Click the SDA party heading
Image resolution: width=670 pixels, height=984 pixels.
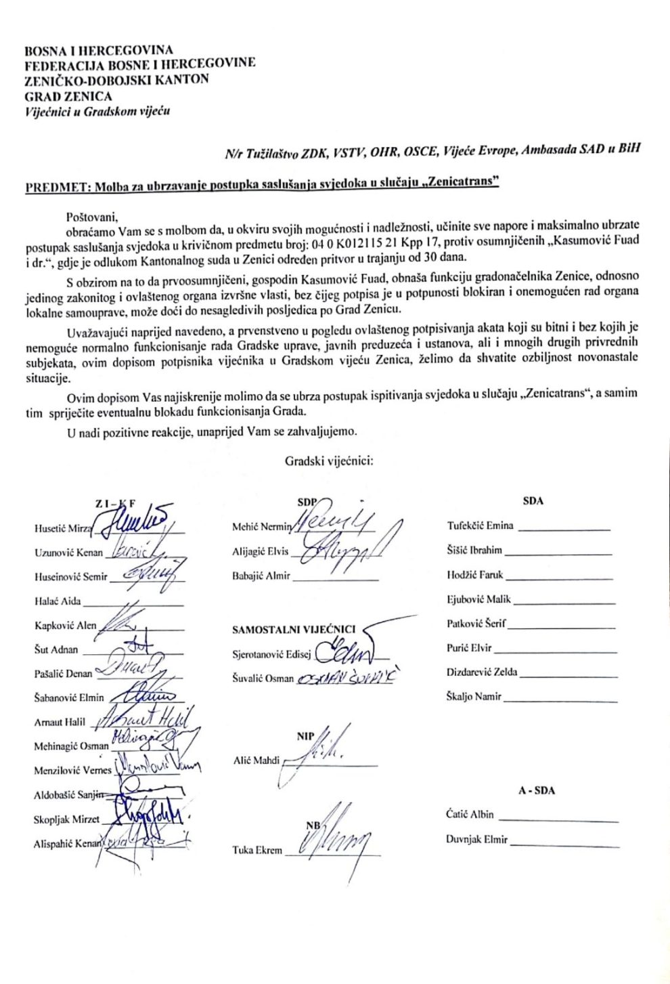tap(533, 501)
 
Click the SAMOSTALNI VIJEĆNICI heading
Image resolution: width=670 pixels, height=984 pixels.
tap(293, 630)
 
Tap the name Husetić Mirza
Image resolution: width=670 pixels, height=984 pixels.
tap(61, 528)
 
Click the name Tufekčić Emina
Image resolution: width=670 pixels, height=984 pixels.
tap(480, 526)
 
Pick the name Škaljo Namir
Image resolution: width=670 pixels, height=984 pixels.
tap(474, 696)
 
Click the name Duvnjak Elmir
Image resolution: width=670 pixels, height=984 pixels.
tap(476, 840)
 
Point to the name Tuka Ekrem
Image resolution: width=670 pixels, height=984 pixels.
tap(256, 850)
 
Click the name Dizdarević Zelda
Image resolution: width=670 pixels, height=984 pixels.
tap(482, 672)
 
